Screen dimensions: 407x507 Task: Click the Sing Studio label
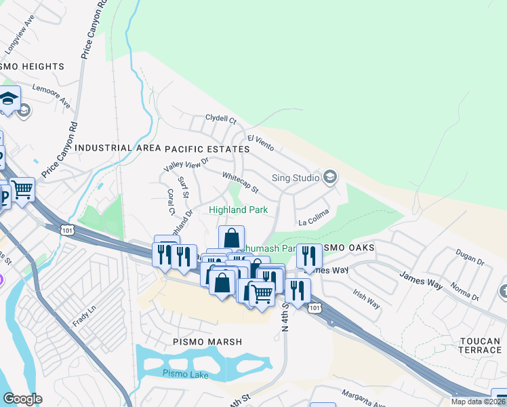296,178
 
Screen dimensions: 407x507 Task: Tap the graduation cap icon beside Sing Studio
330,178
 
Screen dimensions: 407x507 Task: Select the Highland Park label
238,210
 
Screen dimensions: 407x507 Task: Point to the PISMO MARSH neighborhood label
207,342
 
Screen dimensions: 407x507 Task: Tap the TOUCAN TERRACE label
479,344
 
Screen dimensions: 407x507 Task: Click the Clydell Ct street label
220,121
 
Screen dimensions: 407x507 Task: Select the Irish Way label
367,297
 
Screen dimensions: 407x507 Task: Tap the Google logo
22,399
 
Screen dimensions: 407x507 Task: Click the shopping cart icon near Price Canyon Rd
22,189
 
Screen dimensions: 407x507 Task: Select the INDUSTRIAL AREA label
104,148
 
